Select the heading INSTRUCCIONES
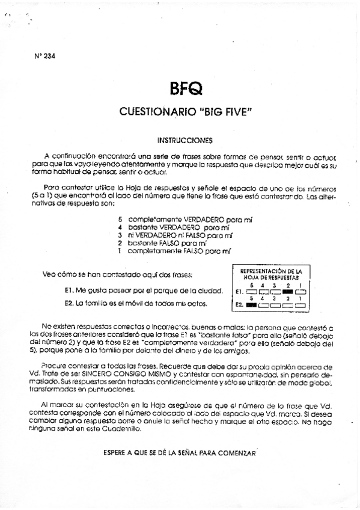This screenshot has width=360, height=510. (x=185, y=141)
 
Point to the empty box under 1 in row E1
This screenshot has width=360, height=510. (x=301, y=292)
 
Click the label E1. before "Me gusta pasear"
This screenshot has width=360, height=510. (x=69, y=290)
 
